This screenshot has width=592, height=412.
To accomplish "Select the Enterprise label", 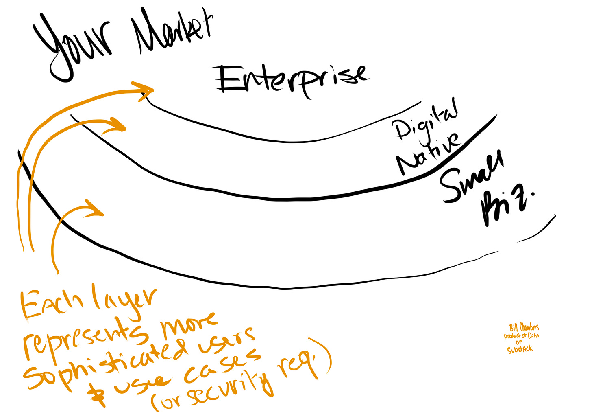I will pyautogui.click(x=291, y=79).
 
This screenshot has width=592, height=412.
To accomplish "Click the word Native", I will pyautogui.click(x=429, y=153).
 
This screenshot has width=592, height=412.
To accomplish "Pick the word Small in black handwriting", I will pyautogui.click(x=472, y=177).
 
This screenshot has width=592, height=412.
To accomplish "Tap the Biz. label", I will pyautogui.click(x=504, y=206).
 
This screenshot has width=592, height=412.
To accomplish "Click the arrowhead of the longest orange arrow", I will pyautogui.click(x=146, y=89).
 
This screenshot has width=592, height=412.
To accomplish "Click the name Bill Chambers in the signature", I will pyautogui.click(x=524, y=327).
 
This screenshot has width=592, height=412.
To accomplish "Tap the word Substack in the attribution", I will pyautogui.click(x=520, y=349).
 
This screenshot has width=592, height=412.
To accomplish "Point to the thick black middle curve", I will pyautogui.click(x=281, y=199).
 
